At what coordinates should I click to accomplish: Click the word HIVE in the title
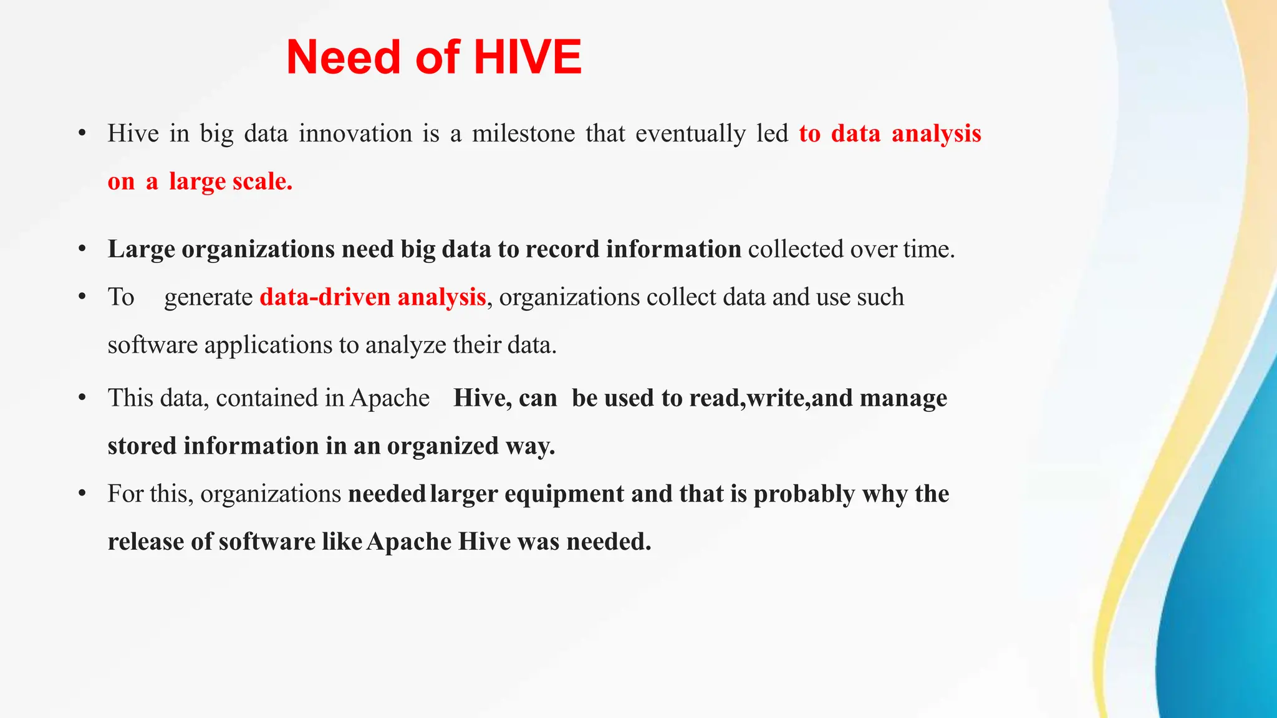(x=528, y=57)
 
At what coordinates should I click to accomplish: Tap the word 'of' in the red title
(x=436, y=57)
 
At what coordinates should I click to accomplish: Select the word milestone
(x=523, y=133)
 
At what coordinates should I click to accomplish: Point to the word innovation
(x=355, y=133)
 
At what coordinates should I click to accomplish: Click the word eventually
(x=690, y=133)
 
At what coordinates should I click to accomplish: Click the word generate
(x=208, y=297)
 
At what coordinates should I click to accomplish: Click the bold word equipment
(x=564, y=494)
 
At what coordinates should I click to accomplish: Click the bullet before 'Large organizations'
(x=82, y=249)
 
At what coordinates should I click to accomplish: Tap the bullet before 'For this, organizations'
(x=82, y=494)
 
